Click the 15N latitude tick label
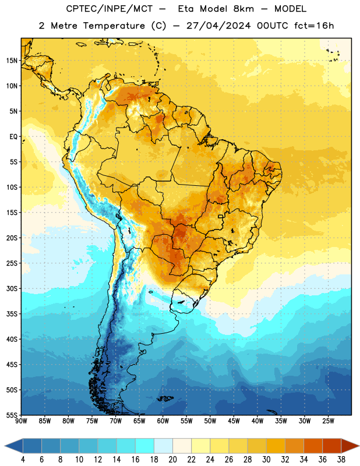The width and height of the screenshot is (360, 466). (12, 61)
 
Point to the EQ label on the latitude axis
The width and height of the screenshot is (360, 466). (13, 137)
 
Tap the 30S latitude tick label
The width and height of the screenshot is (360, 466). (12, 288)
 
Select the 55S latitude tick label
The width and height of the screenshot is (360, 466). (12, 415)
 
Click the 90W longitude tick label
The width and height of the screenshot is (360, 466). (22, 421)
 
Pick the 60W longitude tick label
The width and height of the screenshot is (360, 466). (163, 421)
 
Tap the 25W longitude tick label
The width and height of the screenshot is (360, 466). (328, 421)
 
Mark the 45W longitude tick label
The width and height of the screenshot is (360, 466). (234, 421)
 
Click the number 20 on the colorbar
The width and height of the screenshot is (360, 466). (172, 460)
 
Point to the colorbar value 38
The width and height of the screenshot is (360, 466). (341, 460)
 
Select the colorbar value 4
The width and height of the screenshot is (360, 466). (23, 460)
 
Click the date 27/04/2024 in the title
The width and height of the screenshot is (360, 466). (218, 26)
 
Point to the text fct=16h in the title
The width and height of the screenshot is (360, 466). (314, 26)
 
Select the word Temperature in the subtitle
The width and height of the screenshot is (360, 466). (114, 26)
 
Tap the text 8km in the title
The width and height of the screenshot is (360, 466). (243, 9)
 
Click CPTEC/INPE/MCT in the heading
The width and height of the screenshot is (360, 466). (110, 9)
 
